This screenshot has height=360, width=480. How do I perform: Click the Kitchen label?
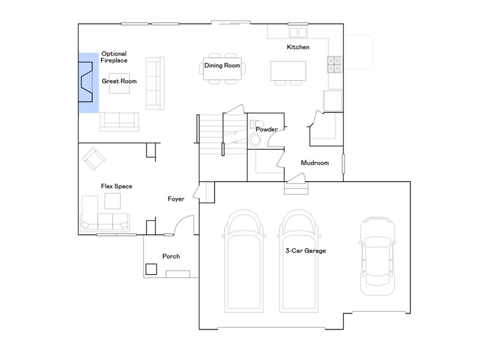click(298, 47)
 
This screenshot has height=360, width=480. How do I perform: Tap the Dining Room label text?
click(222, 66)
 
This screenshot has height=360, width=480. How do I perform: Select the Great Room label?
click(119, 81)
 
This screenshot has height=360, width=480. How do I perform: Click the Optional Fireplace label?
click(114, 57)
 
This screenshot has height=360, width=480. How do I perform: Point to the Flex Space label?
click(117, 187)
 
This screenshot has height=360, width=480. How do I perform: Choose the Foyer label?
click(176, 199)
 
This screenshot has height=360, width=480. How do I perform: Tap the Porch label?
click(171, 256)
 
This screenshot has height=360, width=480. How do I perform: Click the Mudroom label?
click(315, 163)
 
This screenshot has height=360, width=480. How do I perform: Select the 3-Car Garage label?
click(306, 251)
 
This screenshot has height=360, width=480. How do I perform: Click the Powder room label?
click(267, 129)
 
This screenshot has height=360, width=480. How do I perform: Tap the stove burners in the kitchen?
click(335, 64)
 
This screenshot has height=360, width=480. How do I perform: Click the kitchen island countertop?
click(288, 71)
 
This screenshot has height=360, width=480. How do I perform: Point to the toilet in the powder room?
click(255, 124)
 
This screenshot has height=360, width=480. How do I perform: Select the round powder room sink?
click(255, 140)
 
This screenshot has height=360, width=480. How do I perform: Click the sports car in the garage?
click(377, 256)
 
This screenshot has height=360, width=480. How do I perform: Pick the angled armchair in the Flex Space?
click(94, 159)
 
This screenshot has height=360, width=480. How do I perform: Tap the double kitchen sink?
click(298, 32)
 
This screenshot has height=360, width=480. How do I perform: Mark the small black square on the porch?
click(151, 269)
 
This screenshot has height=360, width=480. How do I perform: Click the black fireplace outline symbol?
click(86, 82)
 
